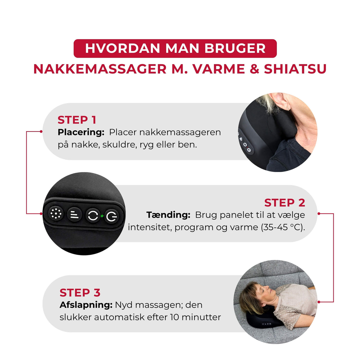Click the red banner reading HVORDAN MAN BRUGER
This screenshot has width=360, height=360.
(x=175, y=48)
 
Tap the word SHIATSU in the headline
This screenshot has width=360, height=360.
(x=295, y=69)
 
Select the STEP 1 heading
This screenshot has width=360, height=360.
(x=77, y=120)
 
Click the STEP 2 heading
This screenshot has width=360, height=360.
(x=285, y=203)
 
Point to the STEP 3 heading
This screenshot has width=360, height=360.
(x=80, y=293)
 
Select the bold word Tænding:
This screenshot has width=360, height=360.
(x=168, y=215)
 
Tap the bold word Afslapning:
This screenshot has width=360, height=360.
(x=86, y=305)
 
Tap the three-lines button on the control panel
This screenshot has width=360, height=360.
(x=75, y=214)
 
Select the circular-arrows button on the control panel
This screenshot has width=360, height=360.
(x=93, y=215)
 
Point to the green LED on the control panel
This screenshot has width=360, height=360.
(x=102, y=216)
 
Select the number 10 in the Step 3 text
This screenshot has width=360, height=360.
(x=174, y=317)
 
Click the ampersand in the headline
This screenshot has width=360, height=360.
(x=254, y=69)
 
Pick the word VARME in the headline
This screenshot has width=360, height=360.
(x=219, y=69)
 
